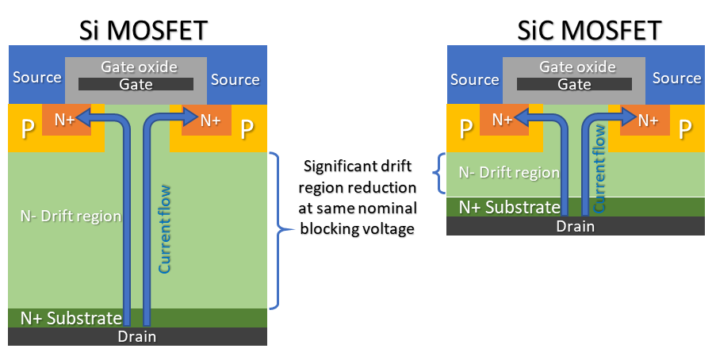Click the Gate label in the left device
pos(135,84)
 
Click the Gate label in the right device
pos(574,84)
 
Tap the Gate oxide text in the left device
pos(139,67)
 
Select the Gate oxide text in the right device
pos(577,67)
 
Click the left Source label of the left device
pos(36,78)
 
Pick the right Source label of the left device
pos(235,79)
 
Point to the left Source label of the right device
pos(474,79)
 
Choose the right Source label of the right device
pos(676,78)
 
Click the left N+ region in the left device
pos(64,121)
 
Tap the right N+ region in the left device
pos(210,121)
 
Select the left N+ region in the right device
pos(502,120)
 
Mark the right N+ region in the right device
pos(648,120)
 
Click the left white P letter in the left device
pos(27,129)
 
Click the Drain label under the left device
pos(136,336)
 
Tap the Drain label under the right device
pos(575,226)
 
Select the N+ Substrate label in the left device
pos(71,319)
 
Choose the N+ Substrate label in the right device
pos(510,207)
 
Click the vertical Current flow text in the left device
pos(165,230)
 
